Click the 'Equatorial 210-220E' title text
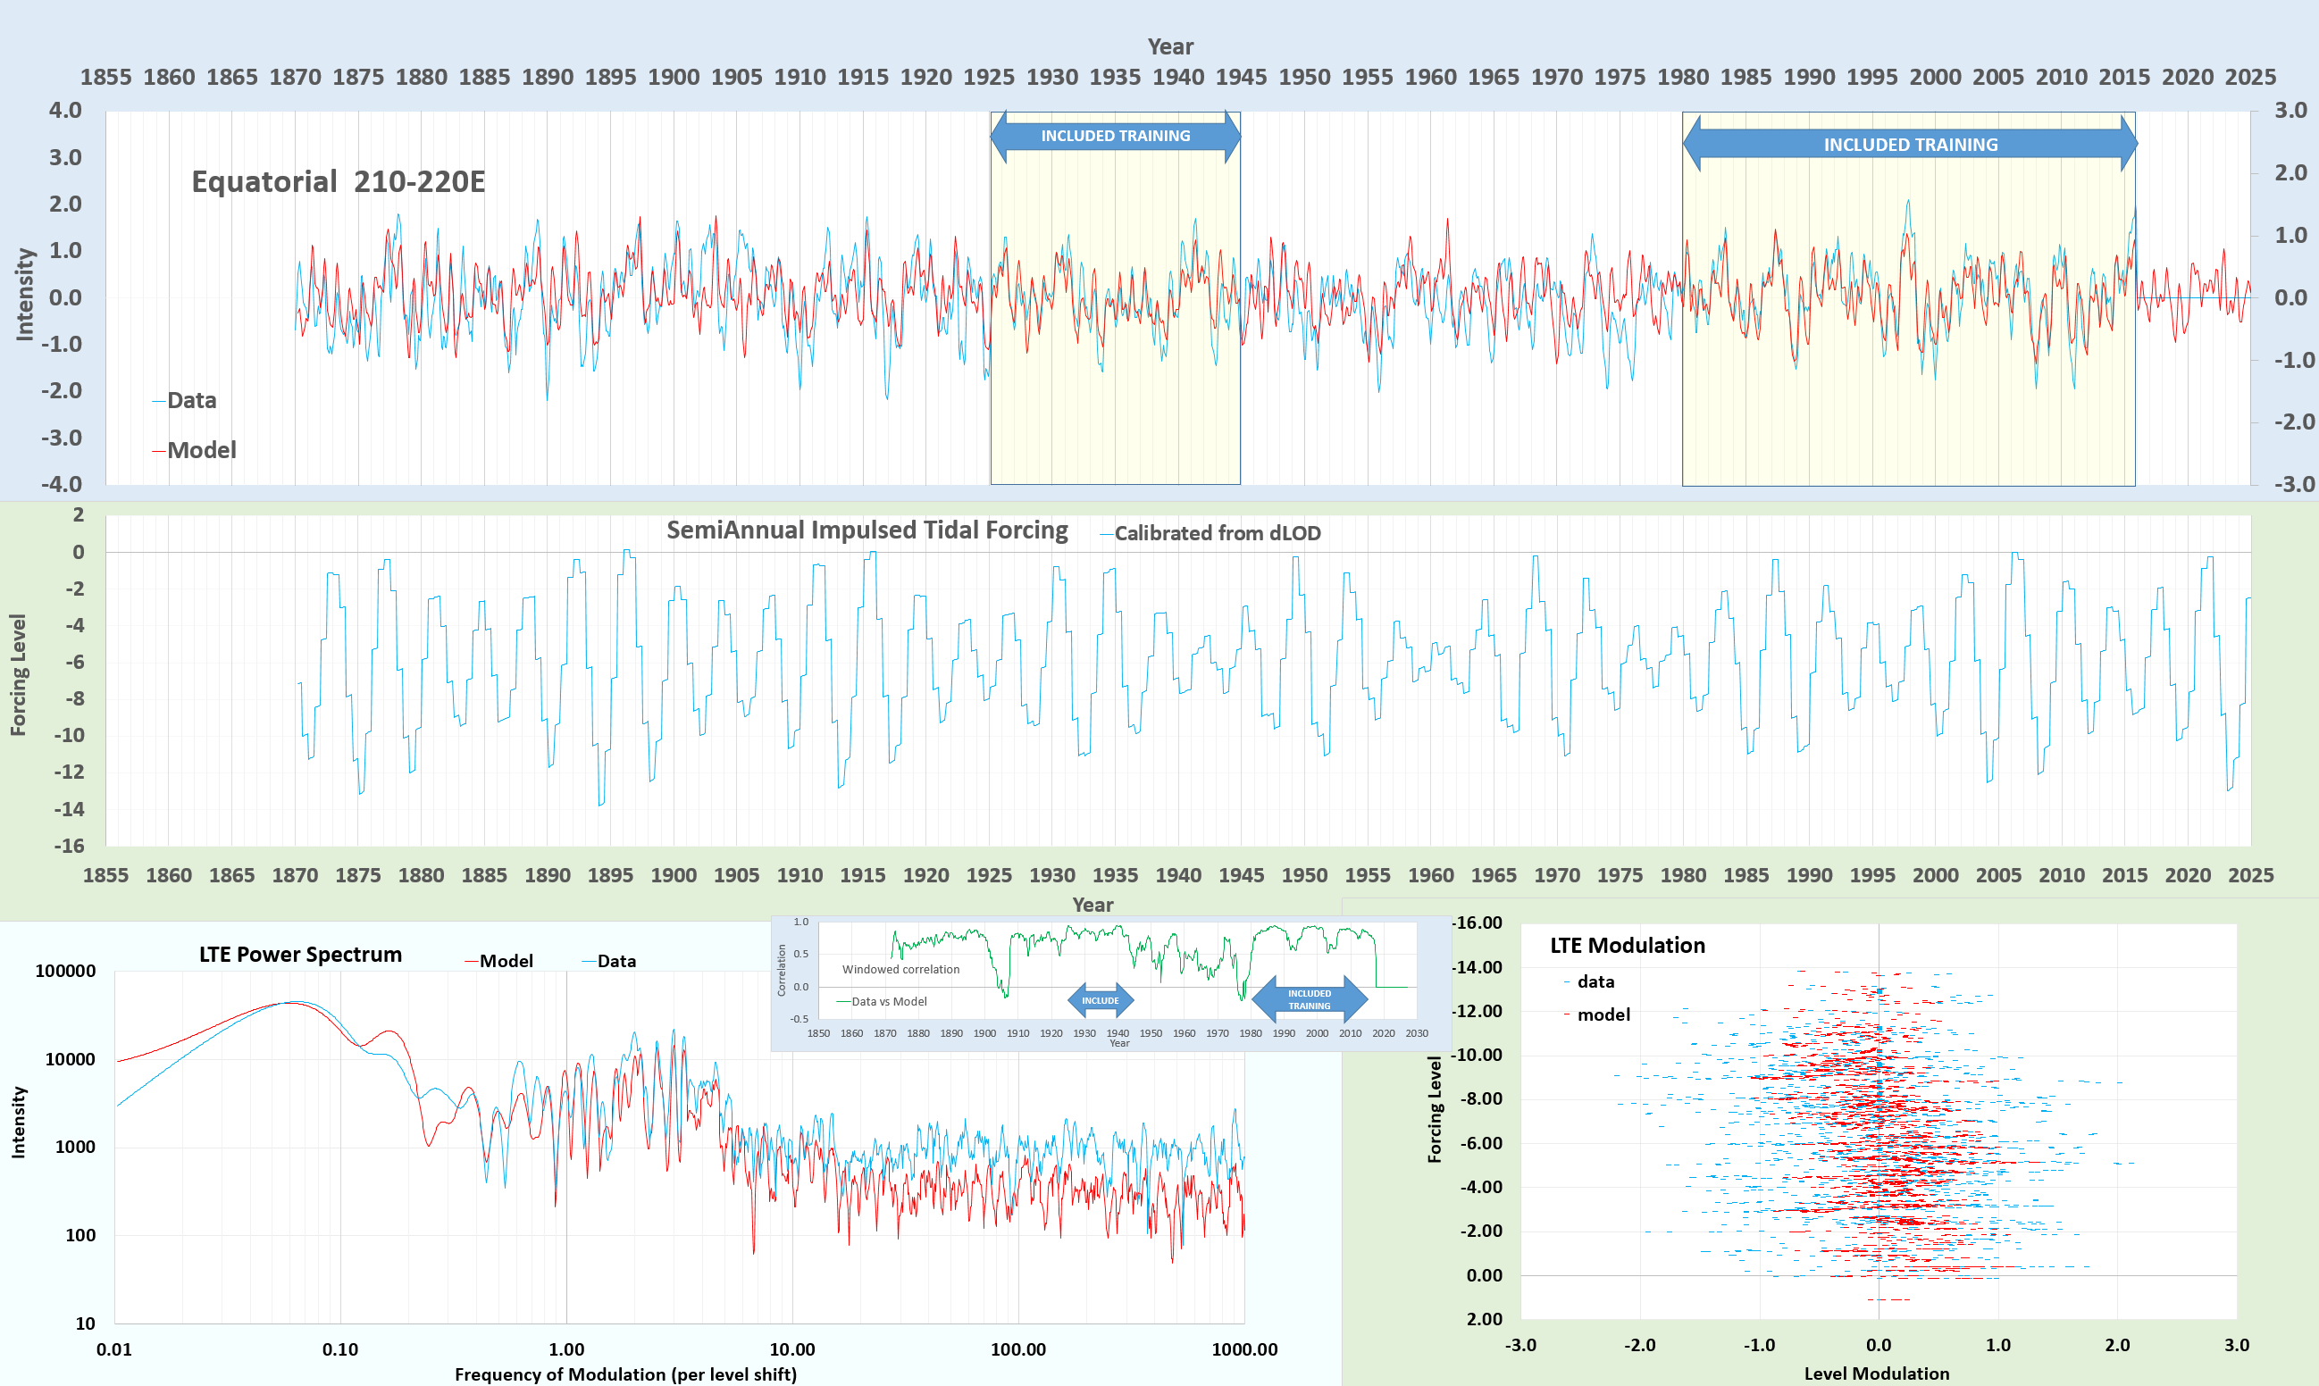pos(338,181)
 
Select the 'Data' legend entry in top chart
pos(190,401)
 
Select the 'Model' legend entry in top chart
pos(201,450)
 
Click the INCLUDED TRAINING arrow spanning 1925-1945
pos(1115,137)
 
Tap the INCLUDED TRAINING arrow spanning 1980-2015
pos(1910,145)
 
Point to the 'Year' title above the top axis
pos(1169,46)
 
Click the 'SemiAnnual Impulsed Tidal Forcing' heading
pos(866,530)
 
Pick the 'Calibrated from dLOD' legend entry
pos(1216,533)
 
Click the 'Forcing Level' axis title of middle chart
pos(18,674)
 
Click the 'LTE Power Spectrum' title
pos(300,955)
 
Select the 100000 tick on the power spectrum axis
pos(65,972)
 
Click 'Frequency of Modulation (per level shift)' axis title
pos(624,1373)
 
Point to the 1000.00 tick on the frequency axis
pos(1243,1349)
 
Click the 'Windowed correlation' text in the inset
pos(900,970)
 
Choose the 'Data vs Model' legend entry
pos(888,1001)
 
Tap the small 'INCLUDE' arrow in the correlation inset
pos(1101,1000)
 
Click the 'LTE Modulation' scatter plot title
pos(1627,945)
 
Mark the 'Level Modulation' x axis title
pos(1876,1373)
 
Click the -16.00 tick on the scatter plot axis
pos(1478,923)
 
